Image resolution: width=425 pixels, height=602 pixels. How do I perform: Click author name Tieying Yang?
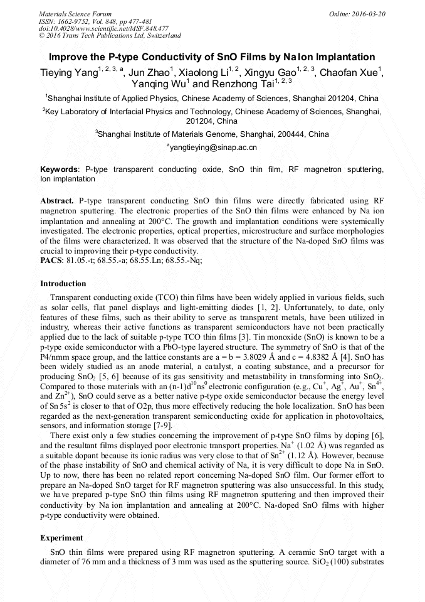click(x=68, y=72)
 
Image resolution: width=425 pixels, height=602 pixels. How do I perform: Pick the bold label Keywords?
click(x=59, y=170)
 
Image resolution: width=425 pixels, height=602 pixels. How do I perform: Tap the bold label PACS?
click(x=51, y=260)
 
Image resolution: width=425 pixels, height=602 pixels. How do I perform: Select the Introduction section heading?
click(x=63, y=284)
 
